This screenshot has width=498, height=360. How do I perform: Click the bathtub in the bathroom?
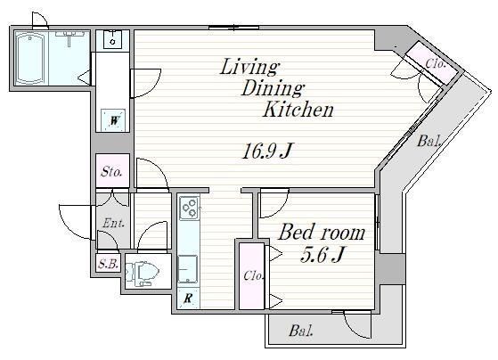point(30,58)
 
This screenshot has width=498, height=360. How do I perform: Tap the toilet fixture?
point(143,272)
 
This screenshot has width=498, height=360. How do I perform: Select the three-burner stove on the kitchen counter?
point(189,209)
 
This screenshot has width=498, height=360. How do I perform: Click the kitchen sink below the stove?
point(188,269)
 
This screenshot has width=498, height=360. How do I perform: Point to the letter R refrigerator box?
point(188,298)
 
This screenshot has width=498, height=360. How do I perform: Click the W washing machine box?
point(114,120)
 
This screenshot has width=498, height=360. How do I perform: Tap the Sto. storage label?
point(111,172)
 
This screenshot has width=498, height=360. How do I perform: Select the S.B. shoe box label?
point(108,264)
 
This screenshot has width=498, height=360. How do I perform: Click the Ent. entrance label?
point(113,224)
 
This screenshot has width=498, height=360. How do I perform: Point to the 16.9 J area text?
point(266,151)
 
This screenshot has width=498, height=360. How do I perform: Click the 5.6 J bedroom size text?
point(322,255)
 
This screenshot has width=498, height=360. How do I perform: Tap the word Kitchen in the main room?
point(298,110)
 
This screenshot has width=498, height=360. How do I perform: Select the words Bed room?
point(322,233)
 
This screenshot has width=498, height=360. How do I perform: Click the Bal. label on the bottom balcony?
point(301,331)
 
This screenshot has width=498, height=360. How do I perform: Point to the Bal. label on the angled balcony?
point(429,141)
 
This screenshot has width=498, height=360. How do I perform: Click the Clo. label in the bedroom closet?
point(253,275)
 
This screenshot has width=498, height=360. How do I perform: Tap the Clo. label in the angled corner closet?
point(436,64)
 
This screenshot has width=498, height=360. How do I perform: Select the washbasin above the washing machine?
point(113,39)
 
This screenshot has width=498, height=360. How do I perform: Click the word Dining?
point(273,88)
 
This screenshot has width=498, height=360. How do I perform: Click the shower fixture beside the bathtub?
point(69,37)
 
